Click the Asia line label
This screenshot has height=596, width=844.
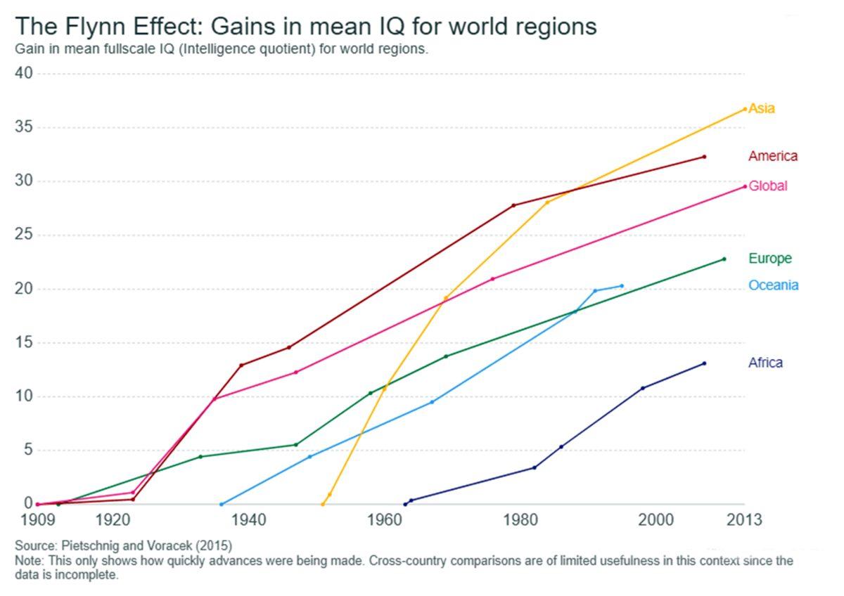pyautogui.click(x=762, y=108)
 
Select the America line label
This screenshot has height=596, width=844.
pyautogui.click(x=773, y=156)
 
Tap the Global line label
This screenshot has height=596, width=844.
pyautogui.click(x=767, y=186)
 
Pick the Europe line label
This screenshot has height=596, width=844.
pyautogui.click(x=769, y=259)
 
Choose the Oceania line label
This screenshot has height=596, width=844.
pyautogui.click(x=773, y=285)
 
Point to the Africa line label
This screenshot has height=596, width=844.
pyautogui.click(x=765, y=363)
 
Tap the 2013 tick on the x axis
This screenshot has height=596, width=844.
pyautogui.click(x=744, y=521)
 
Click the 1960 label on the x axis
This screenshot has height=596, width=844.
pyautogui.click(x=384, y=521)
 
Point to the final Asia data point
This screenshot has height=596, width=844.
pyautogui.click(x=745, y=109)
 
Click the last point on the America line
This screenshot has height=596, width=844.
pyautogui.click(x=704, y=157)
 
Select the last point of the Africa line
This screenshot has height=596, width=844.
pyautogui.click(x=704, y=363)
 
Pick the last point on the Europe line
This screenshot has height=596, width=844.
pyautogui.click(x=724, y=259)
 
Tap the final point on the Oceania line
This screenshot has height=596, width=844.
pyautogui.click(x=622, y=286)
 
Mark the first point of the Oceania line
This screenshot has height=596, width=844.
pyautogui.click(x=222, y=504)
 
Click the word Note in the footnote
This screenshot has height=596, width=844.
pyautogui.click(x=27, y=561)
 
